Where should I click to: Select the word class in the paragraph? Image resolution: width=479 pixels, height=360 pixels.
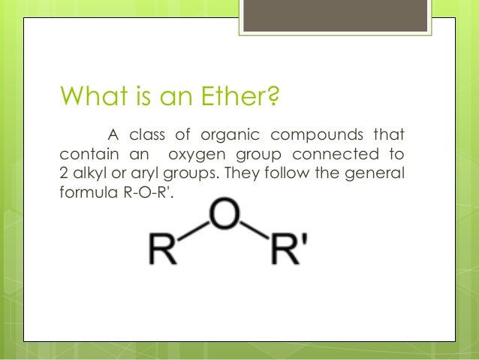146,136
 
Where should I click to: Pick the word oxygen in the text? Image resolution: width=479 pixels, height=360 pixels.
197,155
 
